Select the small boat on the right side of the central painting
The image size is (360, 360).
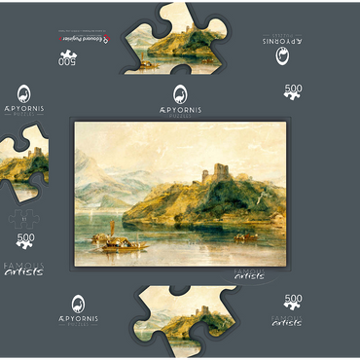[x=247, y=236]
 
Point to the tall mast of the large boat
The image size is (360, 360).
[x=113, y=228]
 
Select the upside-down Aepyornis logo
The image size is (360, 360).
[x=283, y=52]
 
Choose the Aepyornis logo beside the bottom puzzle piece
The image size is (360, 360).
[x=78, y=310]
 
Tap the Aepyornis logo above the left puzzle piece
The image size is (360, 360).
[x=23, y=97]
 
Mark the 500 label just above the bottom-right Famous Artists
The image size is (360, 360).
[x=291, y=304]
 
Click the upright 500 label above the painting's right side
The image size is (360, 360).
[x=292, y=90]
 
